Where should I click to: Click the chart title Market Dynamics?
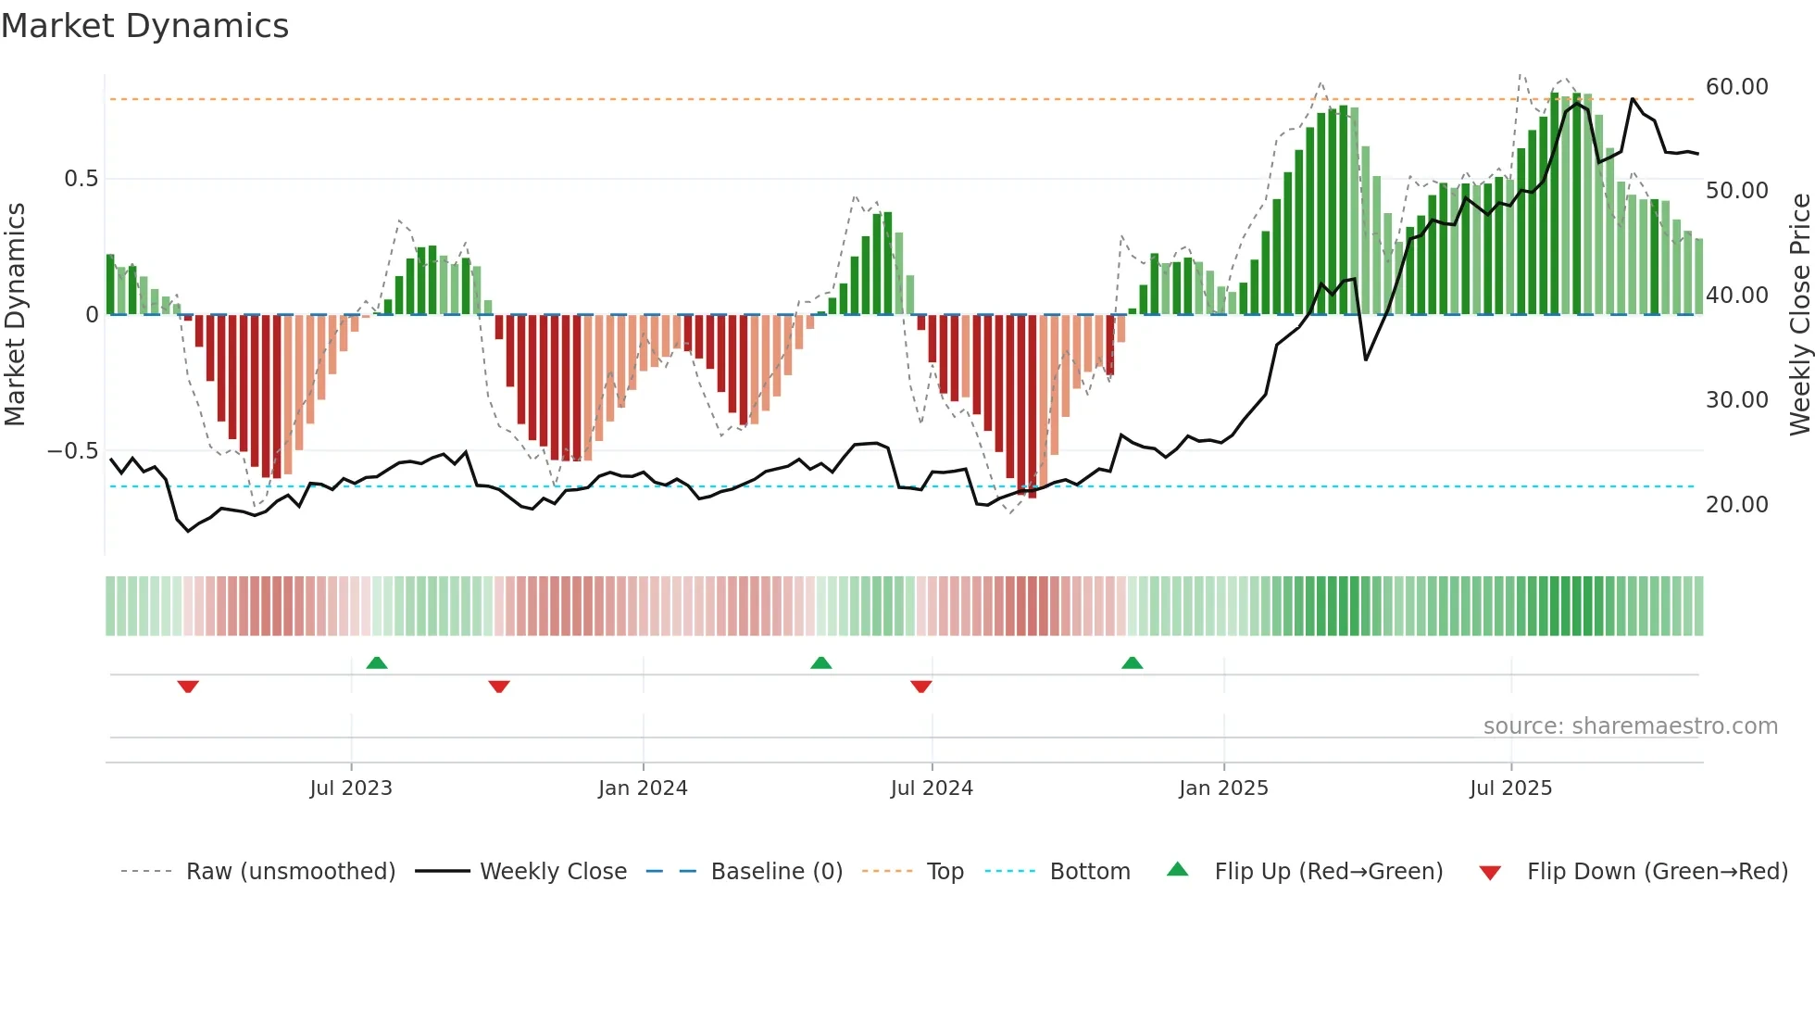pos(144,26)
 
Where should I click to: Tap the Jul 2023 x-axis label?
pos(351,788)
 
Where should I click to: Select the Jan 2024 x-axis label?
pos(643,788)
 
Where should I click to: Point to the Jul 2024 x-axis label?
pos(932,788)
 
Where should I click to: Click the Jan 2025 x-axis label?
pos(1223,788)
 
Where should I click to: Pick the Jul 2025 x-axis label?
pos(1510,788)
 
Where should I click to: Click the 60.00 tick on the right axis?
pos(1736,87)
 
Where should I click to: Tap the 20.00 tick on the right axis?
pos(1736,505)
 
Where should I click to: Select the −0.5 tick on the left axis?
pos(72,451)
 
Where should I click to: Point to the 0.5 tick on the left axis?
pos(81,179)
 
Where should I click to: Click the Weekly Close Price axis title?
pos(1799,315)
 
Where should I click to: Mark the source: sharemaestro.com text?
pos(1630,726)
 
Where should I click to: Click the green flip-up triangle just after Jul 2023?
pos(377,663)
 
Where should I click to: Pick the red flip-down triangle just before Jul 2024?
pos(920,687)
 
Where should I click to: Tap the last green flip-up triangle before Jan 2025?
pos(1132,663)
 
